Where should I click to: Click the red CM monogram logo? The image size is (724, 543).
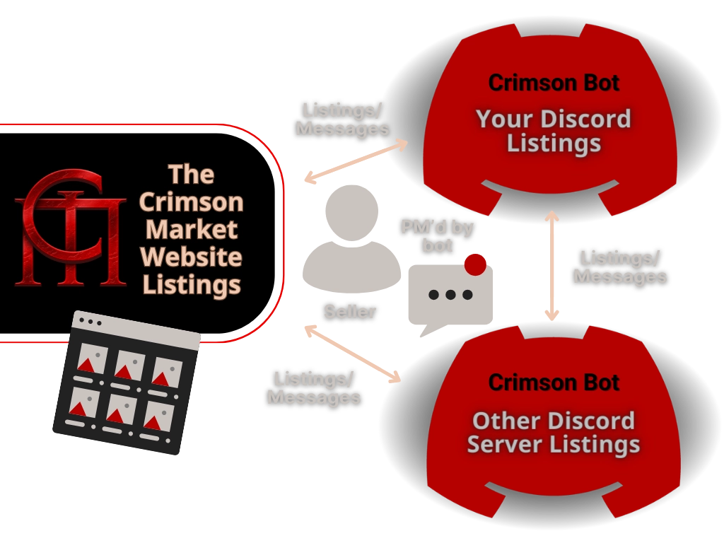point(69,227)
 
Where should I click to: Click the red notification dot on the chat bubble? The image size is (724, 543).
point(476,265)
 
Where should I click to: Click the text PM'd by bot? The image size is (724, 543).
point(437,236)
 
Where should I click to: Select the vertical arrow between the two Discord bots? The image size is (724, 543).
point(551,265)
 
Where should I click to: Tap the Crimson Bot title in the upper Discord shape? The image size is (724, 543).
point(554,83)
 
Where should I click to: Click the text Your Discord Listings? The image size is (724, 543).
point(554,131)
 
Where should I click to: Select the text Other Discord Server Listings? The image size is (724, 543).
point(554,433)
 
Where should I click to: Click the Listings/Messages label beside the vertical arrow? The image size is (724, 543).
point(620,267)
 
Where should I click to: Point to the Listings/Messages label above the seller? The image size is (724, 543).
point(343,119)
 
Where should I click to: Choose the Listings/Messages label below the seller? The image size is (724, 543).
point(314,388)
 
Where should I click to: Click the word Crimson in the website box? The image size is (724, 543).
point(191,202)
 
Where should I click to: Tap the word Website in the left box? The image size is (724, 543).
point(191,257)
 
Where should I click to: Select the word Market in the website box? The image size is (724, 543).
point(191,230)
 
